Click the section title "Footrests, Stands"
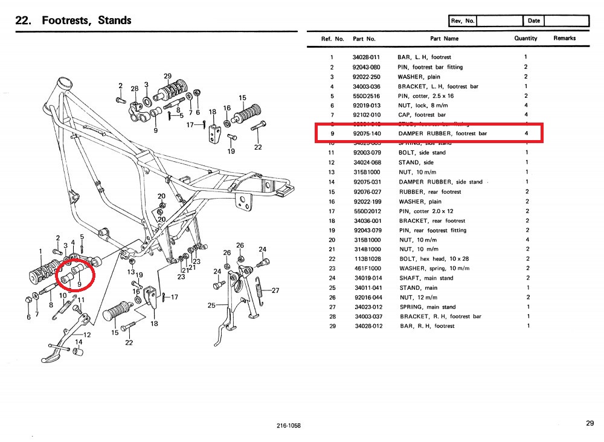[x=86, y=21]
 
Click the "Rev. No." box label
[x=463, y=21]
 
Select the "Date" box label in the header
[x=534, y=21]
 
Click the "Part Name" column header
[x=444, y=39]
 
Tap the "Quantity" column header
[x=525, y=39]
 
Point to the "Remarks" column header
[x=565, y=39]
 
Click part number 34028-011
[x=367, y=57]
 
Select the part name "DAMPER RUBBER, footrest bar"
[x=443, y=133]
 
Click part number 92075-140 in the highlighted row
[x=367, y=133]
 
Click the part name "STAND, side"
[x=416, y=162]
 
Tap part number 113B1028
[x=366, y=258]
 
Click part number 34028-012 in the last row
[x=367, y=326]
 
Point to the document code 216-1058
[x=288, y=426]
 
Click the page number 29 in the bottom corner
[x=590, y=424]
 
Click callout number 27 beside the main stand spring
[x=276, y=290]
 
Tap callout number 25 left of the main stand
[x=212, y=306]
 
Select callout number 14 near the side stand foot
[x=79, y=342]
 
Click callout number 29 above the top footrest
[x=167, y=76]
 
